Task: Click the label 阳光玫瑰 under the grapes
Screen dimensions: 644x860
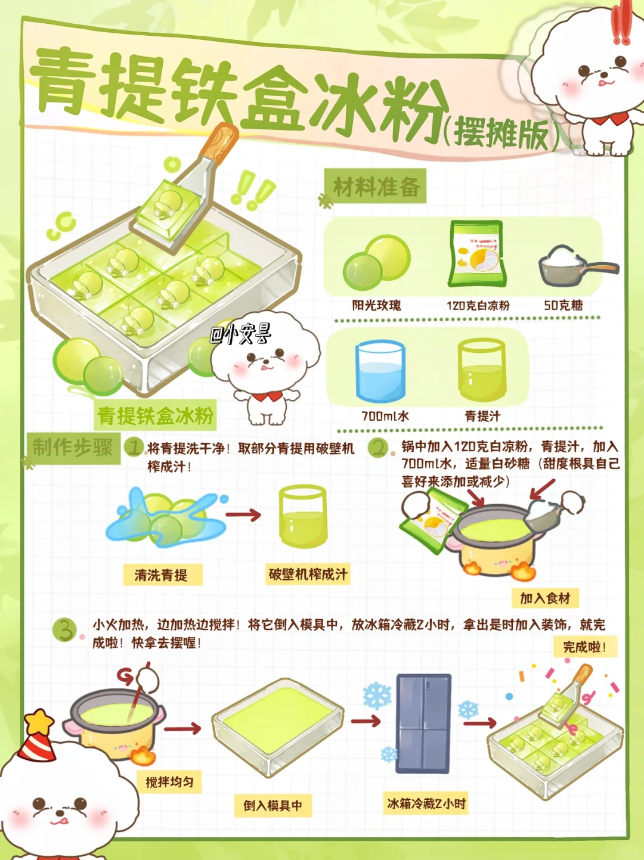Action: [x=376, y=305]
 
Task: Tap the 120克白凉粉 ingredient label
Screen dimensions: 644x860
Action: [x=478, y=305]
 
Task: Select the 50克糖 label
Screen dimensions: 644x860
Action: [x=563, y=305]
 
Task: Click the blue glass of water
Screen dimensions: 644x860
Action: [x=380, y=371]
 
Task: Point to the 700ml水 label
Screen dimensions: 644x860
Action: [x=385, y=416]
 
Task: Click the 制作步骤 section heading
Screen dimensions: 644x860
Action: [x=73, y=448]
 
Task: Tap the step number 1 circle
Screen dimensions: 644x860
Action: [x=134, y=448]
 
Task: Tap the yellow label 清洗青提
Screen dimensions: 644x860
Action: [x=162, y=575]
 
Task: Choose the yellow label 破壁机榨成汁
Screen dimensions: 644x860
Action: [x=308, y=574]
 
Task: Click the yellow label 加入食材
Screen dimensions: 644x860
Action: [x=545, y=598]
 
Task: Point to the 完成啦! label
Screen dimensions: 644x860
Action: [x=585, y=647]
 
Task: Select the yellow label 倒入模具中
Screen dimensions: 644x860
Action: [x=273, y=806]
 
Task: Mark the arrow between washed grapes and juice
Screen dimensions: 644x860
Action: [x=243, y=514]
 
